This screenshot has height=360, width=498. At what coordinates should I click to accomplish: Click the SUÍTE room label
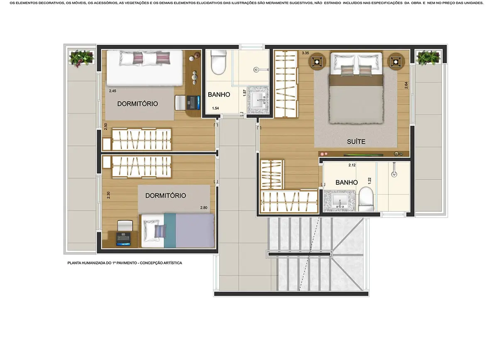(356, 142)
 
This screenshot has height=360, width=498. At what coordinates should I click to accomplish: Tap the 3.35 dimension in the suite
(305, 53)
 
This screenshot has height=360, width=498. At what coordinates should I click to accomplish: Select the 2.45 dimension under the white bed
(112, 91)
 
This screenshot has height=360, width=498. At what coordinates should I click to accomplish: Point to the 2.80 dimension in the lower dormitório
(204, 208)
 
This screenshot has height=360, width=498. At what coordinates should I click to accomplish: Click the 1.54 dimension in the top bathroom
(215, 108)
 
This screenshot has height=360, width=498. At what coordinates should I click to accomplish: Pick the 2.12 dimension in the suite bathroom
(352, 165)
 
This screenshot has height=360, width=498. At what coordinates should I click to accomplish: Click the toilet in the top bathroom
(219, 62)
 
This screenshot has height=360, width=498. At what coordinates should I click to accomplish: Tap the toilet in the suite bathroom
(366, 199)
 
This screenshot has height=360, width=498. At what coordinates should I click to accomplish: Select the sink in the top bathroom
(258, 100)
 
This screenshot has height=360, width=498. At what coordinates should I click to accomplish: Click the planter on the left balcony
(81, 58)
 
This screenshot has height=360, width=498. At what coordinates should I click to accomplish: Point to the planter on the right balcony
(428, 58)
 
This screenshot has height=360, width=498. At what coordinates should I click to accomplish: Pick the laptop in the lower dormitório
(123, 239)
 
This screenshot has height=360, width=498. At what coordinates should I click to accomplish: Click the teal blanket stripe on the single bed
(170, 230)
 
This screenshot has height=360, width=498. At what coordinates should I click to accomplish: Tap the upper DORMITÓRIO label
(138, 104)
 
